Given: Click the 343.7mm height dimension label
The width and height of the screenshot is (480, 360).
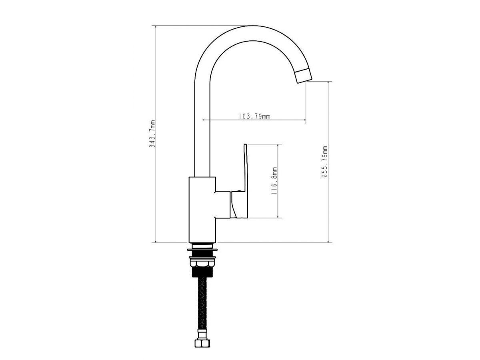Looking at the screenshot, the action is click(x=152, y=134).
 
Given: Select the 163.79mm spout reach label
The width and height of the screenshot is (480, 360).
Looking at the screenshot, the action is click(x=254, y=116).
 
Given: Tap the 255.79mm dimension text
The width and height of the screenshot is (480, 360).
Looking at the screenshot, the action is click(x=324, y=162).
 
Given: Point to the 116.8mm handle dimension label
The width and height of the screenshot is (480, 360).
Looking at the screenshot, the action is click(x=274, y=181).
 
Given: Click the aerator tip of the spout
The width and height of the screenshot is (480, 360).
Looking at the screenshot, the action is click(x=303, y=76).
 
